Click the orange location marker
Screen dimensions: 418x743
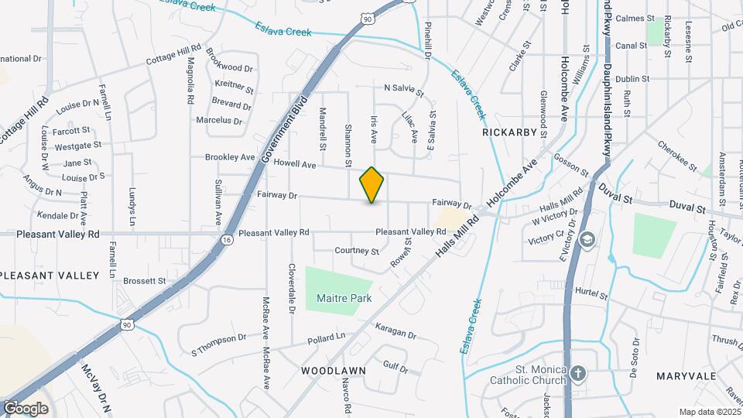coord(371,185)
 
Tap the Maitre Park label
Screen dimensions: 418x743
coord(344,298)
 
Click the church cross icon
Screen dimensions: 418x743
coord(577,375)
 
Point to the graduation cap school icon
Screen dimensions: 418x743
coord(587,238)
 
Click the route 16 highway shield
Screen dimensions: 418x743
coord(226,241)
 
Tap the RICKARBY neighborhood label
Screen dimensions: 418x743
coord(509,132)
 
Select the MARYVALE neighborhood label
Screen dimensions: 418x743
coord(686,375)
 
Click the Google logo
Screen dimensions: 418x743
coord(26,408)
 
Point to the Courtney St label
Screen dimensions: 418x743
coord(357,251)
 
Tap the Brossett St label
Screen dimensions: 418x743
coord(145,281)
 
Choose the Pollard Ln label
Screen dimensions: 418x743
coord(326,338)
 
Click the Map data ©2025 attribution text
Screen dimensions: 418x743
coord(709,412)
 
